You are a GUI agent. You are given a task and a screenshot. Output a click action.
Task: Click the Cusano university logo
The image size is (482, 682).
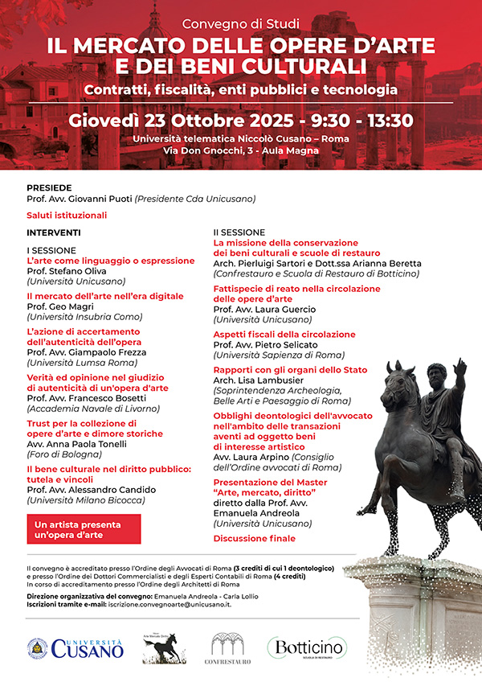click(76, 647)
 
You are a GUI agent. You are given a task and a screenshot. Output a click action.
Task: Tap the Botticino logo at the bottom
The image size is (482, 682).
click(308, 647)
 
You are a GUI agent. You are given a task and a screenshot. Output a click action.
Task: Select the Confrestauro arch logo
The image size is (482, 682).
click(228, 648)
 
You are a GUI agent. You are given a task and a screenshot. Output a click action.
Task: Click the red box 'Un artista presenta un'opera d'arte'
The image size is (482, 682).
click(84, 528)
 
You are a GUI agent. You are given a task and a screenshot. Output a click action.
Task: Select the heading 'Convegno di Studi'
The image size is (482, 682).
click(240, 23)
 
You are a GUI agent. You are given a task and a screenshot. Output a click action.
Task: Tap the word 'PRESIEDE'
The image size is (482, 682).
click(49, 186)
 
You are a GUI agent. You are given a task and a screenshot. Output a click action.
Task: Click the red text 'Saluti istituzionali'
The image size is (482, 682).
click(67, 216)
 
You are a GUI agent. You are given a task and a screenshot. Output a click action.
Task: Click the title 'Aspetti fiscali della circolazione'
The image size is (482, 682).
click(284, 334)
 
